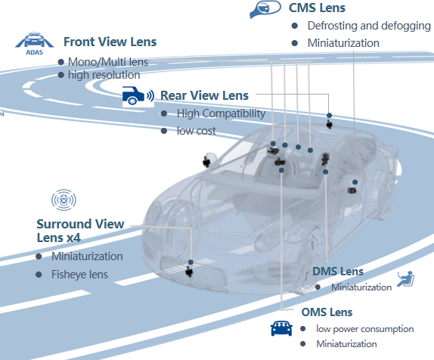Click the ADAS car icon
tap(34, 43)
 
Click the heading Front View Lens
tap(110, 42)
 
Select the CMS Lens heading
tap(317, 8)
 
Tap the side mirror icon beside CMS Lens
tap(265, 9)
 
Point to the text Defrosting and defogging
tap(369, 26)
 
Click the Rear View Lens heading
tap(204, 95)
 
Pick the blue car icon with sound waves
tap(138, 96)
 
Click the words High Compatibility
tap(221, 113)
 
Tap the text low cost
tap(196, 131)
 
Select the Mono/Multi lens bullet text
tap(108, 62)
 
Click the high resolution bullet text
tap(104, 75)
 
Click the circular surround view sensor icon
tap(64, 200)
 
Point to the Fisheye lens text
tap(79, 275)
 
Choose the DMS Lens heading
tap(338, 272)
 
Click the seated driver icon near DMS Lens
tap(406, 278)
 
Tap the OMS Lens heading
tap(327, 312)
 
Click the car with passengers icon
tap(281, 328)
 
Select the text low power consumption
tap(364, 329)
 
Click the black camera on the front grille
tap(189, 272)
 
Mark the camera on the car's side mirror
tap(206, 162)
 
